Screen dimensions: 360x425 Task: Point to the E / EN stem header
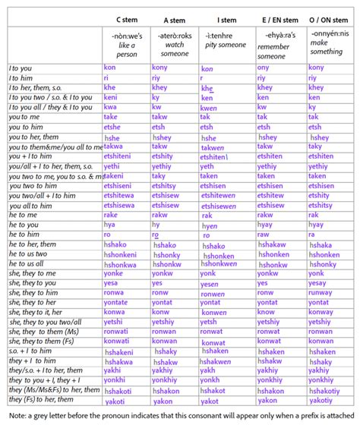click(279, 16)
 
